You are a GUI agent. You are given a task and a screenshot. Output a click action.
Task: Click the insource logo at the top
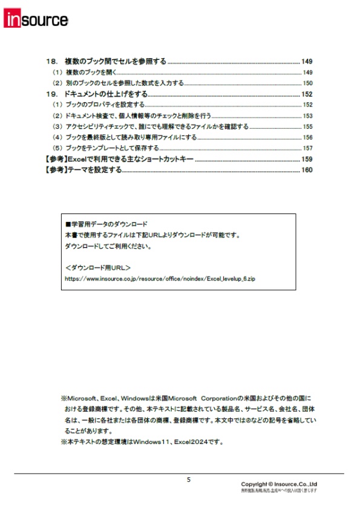tap(36, 19)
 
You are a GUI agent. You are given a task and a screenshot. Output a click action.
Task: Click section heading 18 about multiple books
tap(106, 62)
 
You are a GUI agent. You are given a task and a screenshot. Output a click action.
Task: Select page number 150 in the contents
tap(307, 83)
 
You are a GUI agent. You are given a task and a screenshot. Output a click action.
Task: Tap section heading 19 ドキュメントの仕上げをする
tap(97, 94)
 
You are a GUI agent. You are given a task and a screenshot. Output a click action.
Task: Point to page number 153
tap(307, 116)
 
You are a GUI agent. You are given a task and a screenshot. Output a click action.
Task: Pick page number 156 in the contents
tap(307, 137)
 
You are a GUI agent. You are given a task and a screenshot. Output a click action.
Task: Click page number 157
tap(307, 148)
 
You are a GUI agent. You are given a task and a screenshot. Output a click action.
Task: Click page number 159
tap(307, 159)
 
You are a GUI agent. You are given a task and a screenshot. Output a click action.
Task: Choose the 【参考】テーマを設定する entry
tap(83, 170)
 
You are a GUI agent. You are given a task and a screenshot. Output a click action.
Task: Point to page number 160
tap(307, 170)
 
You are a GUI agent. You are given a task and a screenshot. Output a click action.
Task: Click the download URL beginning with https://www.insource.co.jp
tap(160, 279)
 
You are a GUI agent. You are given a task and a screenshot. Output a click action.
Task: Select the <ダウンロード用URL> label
tap(97, 267)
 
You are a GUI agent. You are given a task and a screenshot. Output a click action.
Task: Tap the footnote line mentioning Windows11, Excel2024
tap(142, 442)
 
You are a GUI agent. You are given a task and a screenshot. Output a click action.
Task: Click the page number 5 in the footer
tap(188, 480)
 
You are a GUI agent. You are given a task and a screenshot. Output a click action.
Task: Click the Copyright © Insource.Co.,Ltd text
tap(279, 484)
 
